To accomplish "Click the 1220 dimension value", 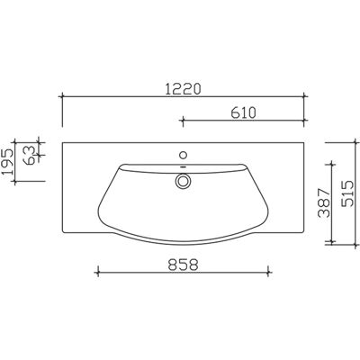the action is (x=183, y=89).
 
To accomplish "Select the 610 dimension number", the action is (x=244, y=112).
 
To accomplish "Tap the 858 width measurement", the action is (x=183, y=265).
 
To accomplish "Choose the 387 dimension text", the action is (x=324, y=203).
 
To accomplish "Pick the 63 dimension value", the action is (x=30, y=156).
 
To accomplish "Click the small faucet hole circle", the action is (x=183, y=155).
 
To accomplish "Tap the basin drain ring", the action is (x=183, y=181).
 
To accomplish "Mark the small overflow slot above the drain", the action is (x=183, y=166).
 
